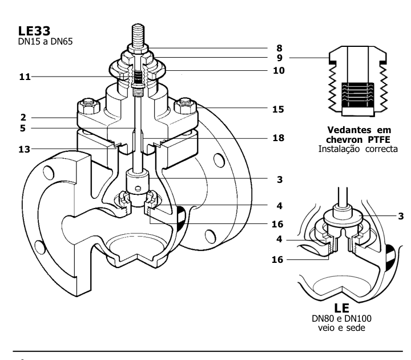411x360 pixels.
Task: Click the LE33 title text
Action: [x=34, y=31]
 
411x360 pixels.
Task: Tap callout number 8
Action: [x=279, y=48]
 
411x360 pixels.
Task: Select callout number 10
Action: [x=279, y=70]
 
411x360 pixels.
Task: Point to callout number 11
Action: [x=25, y=77]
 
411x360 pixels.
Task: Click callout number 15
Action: [x=278, y=109]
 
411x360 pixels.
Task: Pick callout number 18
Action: [x=278, y=138]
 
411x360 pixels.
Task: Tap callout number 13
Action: [x=24, y=149]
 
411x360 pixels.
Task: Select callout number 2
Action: [x=23, y=117]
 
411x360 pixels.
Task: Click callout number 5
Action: [x=23, y=129]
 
